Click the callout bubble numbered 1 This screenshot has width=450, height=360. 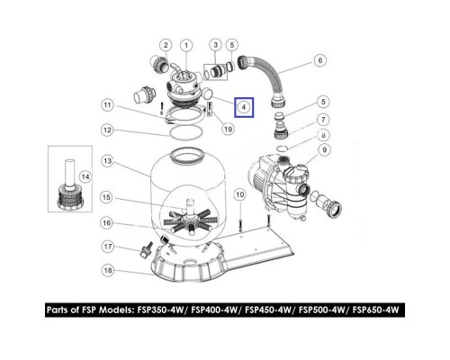click(186, 46)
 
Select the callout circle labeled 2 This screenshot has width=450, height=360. click(166, 45)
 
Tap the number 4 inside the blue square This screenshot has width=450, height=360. click(244, 107)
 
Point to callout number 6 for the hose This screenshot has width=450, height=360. click(320, 60)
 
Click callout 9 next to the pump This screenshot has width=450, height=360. click(324, 149)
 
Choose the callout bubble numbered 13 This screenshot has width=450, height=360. click(108, 161)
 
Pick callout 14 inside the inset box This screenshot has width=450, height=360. click(85, 177)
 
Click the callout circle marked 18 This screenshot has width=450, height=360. click(108, 270)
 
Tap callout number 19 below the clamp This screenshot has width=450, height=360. click(228, 129)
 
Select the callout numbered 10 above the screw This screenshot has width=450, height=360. click(239, 195)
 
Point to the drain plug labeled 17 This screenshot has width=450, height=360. click(146, 249)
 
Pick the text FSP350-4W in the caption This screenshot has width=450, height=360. click(160, 310)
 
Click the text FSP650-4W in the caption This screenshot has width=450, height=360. click(376, 310)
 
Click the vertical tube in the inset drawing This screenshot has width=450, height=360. click(70, 174)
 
